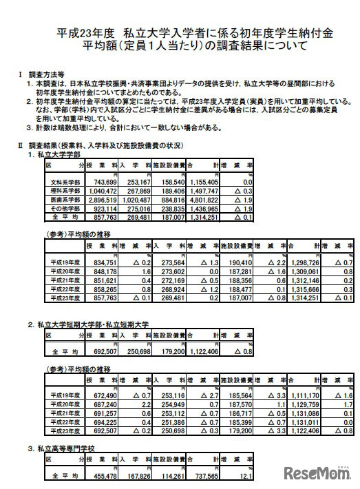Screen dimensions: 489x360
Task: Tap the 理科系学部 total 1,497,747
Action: (203, 190)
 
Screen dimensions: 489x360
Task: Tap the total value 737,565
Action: (204, 475)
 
